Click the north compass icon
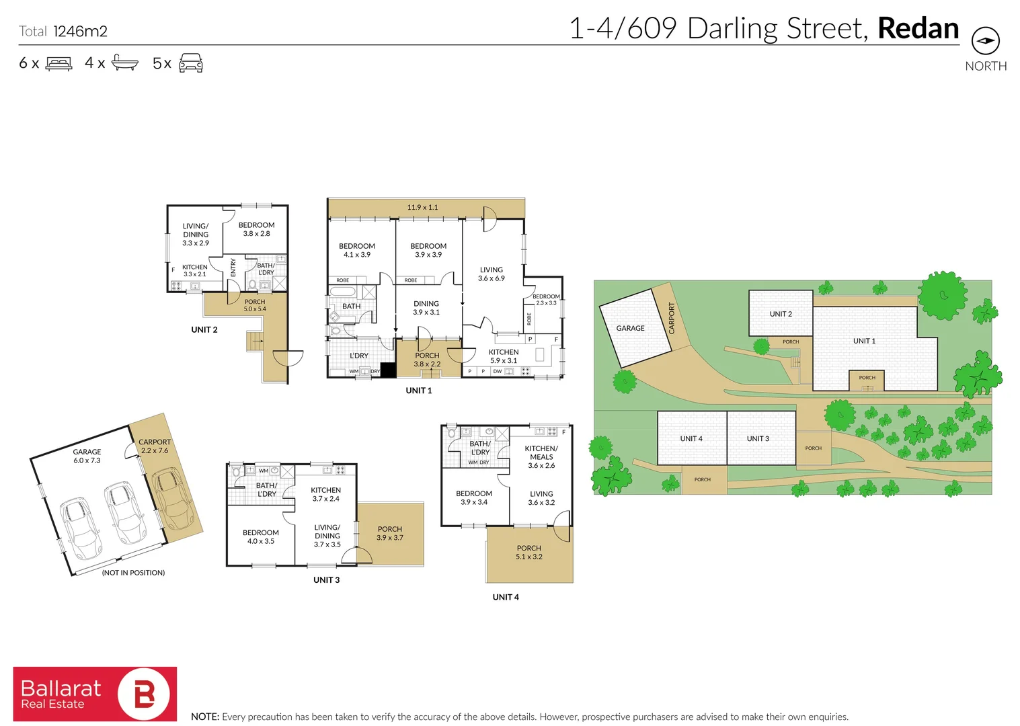click(x=985, y=40)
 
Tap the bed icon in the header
click(x=59, y=64)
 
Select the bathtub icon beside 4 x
click(x=125, y=63)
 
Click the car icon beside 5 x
click(x=191, y=63)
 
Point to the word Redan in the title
click(x=918, y=29)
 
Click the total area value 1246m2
click(x=80, y=31)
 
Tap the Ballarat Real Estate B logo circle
click(x=144, y=694)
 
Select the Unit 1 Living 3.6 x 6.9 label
click(x=491, y=274)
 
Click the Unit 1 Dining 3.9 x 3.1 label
click(x=426, y=308)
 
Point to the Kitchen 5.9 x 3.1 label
click(x=504, y=356)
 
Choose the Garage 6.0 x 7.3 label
click(x=87, y=456)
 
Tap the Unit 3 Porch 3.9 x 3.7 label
click(x=390, y=533)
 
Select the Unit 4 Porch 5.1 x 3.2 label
click(x=529, y=552)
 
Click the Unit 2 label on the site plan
click(x=781, y=314)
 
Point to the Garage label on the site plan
click(x=630, y=328)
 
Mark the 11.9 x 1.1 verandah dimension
click(x=422, y=207)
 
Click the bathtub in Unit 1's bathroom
click(x=342, y=292)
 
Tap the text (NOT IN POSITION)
click(x=133, y=573)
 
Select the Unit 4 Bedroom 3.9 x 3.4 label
click(x=474, y=497)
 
